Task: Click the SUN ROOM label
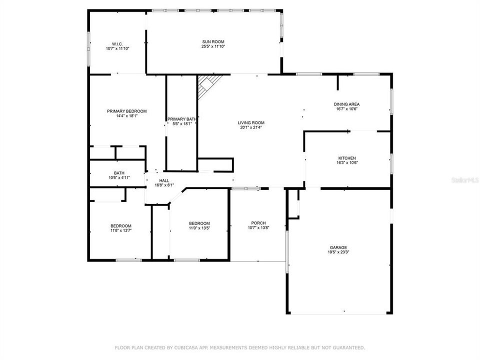coord(212,42)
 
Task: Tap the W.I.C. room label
coord(117,44)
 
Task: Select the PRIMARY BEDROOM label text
coord(126,111)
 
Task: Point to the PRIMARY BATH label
coord(181,119)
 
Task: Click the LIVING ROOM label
coord(250,122)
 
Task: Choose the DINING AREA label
coord(346,104)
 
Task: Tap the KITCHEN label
coord(346,158)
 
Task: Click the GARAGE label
coord(338,247)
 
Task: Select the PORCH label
coord(258,223)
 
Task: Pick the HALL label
coord(164,180)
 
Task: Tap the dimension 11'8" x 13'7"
coord(121,231)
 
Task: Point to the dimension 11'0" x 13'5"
coord(199,228)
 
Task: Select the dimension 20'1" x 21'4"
coord(250,127)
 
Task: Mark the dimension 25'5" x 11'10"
coord(212,46)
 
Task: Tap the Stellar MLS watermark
coord(464,178)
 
